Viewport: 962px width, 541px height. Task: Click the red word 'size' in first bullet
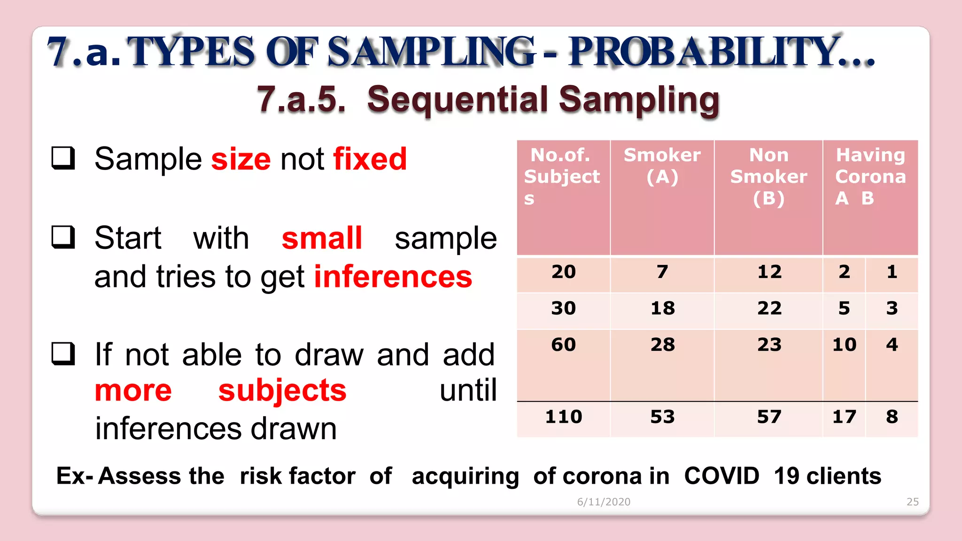click(x=240, y=159)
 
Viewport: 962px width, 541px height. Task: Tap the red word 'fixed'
click(x=370, y=159)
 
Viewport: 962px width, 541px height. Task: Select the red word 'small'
click(x=322, y=238)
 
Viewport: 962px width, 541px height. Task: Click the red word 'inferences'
click(x=393, y=277)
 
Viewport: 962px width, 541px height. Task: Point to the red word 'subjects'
click(x=282, y=391)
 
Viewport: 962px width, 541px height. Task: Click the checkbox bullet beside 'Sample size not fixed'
click(x=63, y=158)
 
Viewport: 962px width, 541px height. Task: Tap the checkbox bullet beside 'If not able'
click(x=63, y=354)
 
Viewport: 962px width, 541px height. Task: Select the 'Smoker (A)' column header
click(x=662, y=166)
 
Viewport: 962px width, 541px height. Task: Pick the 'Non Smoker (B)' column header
click(x=768, y=177)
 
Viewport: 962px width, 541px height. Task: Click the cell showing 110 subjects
click(x=563, y=417)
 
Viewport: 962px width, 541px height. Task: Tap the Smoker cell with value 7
click(x=662, y=272)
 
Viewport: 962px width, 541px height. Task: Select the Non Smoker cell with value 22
click(x=769, y=309)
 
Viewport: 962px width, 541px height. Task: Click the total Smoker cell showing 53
click(x=662, y=417)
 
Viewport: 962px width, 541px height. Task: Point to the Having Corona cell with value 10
click(x=844, y=345)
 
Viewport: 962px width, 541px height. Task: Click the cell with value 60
click(x=563, y=345)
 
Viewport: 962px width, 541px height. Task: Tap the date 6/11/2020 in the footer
click(x=604, y=502)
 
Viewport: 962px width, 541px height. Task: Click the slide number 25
click(x=912, y=502)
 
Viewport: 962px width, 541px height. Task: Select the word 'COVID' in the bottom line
click(x=721, y=476)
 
